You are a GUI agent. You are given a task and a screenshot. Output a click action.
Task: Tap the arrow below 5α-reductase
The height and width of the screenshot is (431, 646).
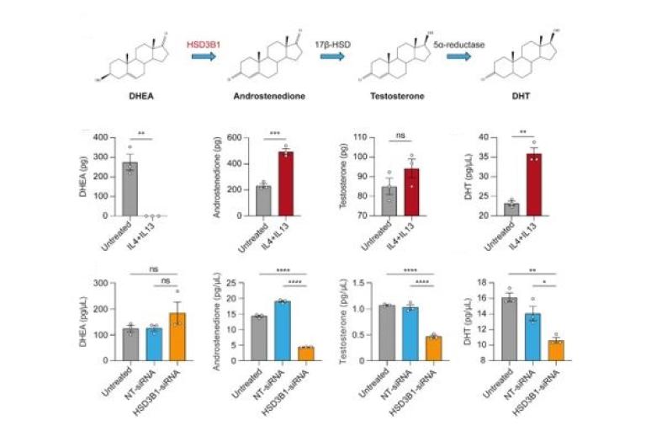click(458, 56)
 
